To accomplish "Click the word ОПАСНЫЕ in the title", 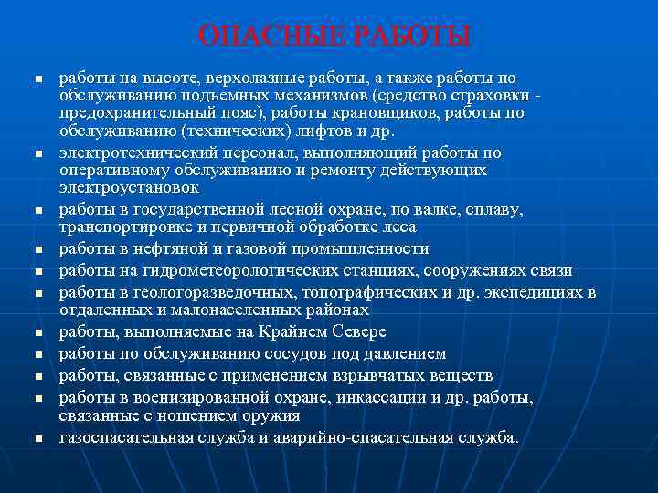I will click(269, 37).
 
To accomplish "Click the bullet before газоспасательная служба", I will click(37, 438).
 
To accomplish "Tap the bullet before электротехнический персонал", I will click(37, 153).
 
